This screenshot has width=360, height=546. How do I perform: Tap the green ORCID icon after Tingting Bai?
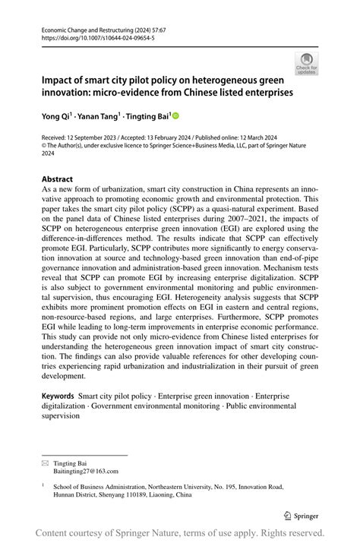pyautogui.click(x=175, y=116)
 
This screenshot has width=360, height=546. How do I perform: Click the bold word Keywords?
pyautogui.click(x=58, y=396)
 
